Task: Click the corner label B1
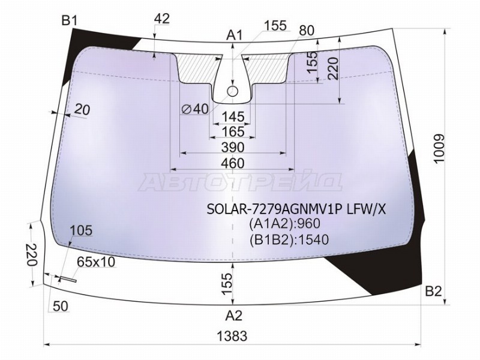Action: (x=70, y=21)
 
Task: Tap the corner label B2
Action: (x=433, y=292)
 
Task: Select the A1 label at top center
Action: (x=234, y=35)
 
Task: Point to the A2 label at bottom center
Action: (x=234, y=316)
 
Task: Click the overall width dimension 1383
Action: (x=232, y=336)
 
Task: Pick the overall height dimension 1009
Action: (x=439, y=149)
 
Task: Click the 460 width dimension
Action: (x=233, y=163)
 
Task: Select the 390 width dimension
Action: (x=233, y=147)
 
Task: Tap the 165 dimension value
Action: (x=233, y=131)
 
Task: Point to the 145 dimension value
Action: (x=233, y=116)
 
